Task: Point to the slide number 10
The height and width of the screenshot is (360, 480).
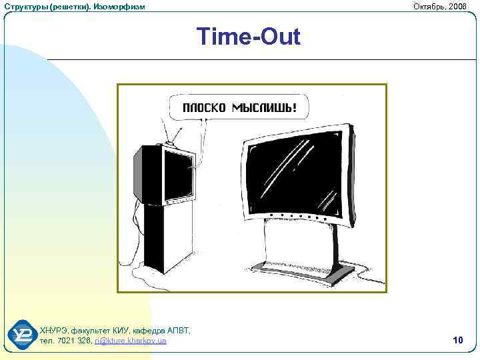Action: (457, 341)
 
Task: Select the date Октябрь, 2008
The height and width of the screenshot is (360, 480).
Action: (440, 6)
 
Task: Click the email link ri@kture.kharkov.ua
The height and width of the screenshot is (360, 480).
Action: (131, 341)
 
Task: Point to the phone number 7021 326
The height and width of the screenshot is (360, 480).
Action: (73, 341)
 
